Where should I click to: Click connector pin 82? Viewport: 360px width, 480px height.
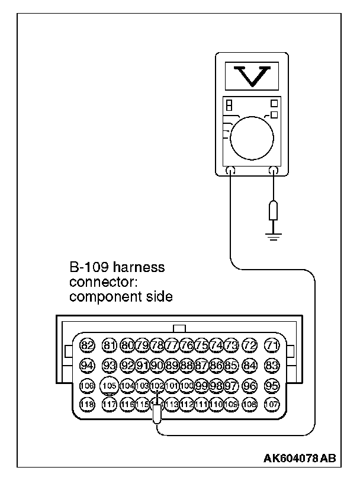point(87,345)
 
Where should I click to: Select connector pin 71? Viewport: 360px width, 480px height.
point(272,345)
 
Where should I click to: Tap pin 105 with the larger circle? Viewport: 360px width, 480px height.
point(109,385)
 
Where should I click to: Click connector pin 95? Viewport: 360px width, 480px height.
point(272,385)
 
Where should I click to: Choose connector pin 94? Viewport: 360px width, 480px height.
point(87,365)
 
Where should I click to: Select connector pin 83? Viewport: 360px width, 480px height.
point(272,365)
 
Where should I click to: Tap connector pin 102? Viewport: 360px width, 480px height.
point(157,385)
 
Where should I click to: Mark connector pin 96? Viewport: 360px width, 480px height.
point(250,385)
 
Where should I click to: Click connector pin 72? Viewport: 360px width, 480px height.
point(250,345)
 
